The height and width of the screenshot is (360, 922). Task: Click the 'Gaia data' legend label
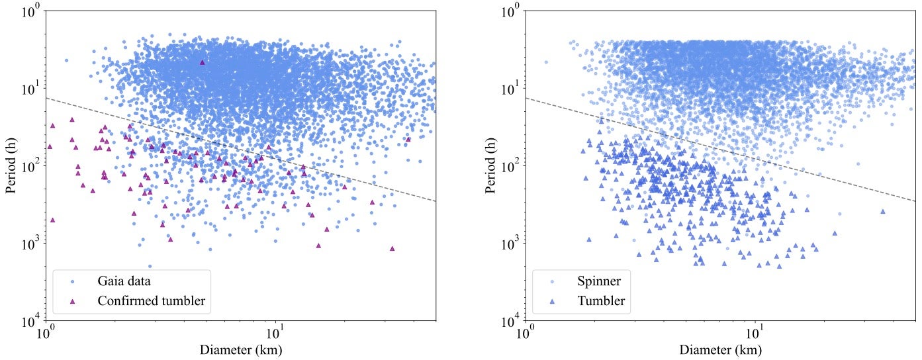125,281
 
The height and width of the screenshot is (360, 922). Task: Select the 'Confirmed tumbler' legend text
151,301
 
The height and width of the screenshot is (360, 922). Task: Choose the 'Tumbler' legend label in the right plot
601,301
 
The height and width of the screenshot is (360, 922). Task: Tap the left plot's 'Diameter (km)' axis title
240,349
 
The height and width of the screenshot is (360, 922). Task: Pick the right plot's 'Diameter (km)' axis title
720,349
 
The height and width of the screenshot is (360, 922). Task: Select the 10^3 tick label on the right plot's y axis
510,244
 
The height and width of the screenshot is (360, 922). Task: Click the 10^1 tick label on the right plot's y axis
510,88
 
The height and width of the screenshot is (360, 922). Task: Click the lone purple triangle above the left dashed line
202,62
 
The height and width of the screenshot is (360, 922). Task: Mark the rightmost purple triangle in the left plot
408,139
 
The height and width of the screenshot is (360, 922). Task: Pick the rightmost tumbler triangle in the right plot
882,211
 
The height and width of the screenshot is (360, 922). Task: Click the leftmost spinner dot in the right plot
546,62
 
